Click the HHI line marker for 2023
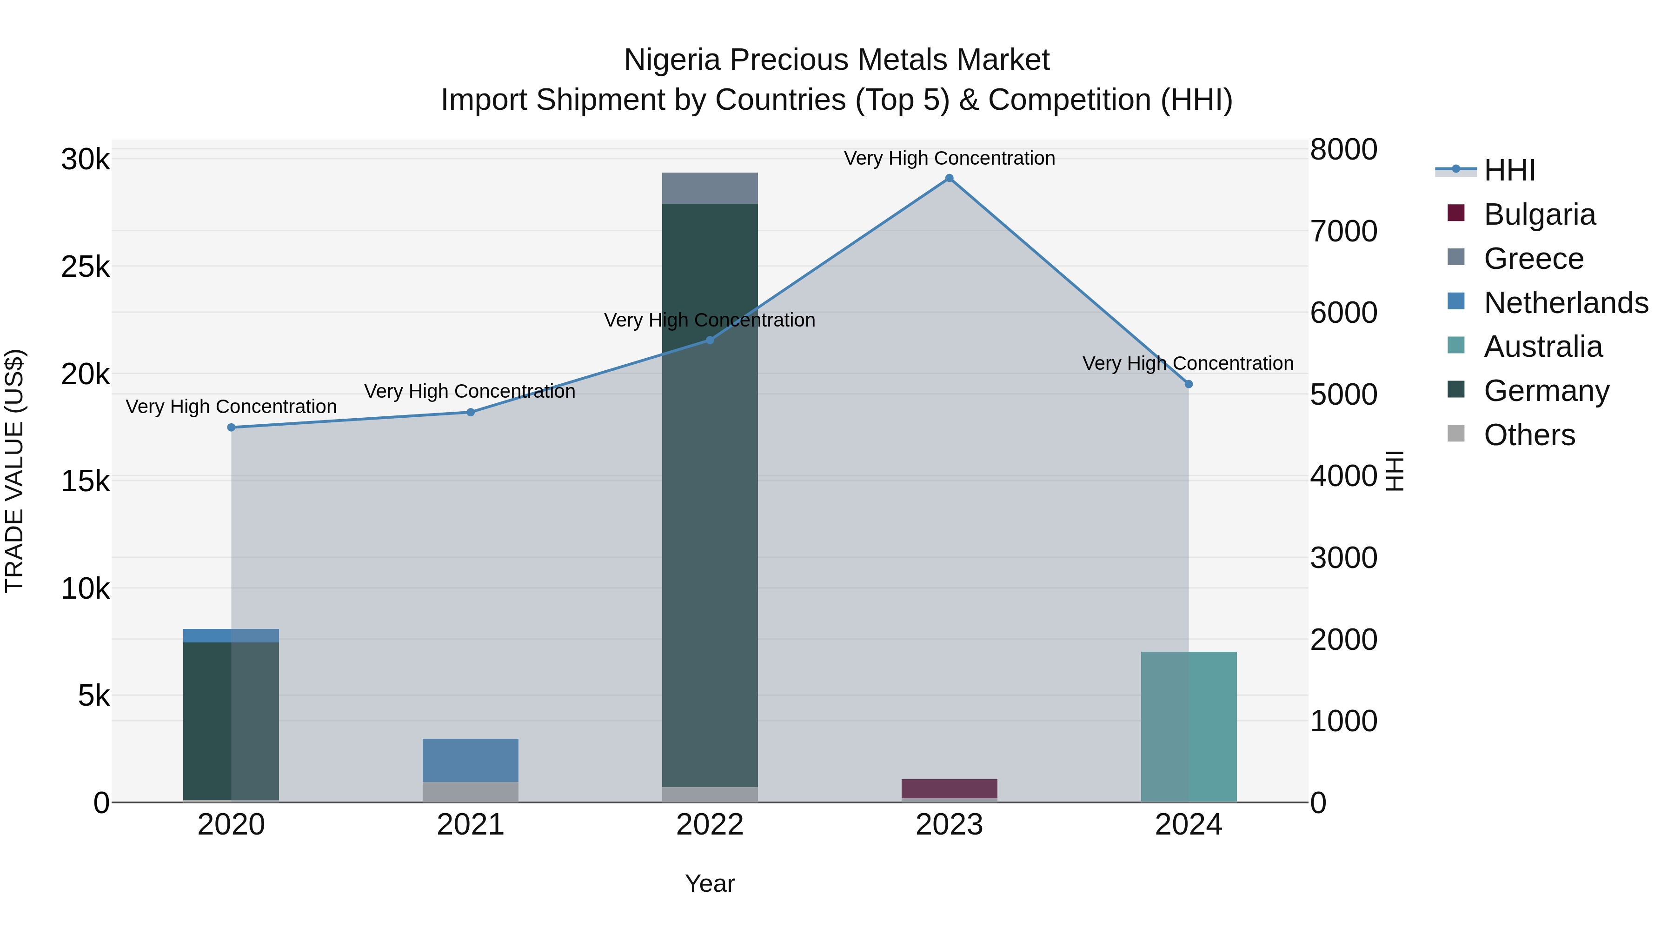point(949,178)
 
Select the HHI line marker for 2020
point(232,427)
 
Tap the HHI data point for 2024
point(1189,384)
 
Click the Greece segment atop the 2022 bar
point(710,188)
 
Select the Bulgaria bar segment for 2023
point(949,788)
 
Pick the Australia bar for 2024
point(1189,726)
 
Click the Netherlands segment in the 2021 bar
point(471,760)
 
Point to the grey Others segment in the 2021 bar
point(471,791)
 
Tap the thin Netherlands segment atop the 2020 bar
point(232,635)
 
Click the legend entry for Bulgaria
point(1539,214)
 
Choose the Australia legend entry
point(1543,347)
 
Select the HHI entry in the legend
point(1509,170)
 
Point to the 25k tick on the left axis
point(85,267)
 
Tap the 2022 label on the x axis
point(710,825)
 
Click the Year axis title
point(710,883)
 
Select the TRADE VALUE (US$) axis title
point(14,471)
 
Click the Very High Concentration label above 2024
point(1188,363)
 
